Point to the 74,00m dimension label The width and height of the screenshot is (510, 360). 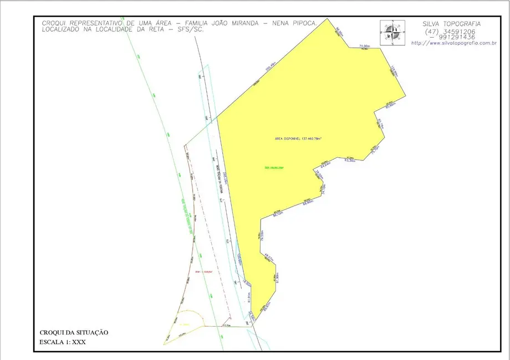pyautogui.click(x=364, y=45)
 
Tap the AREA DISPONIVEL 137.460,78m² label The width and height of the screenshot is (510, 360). pyautogui.click(x=299, y=139)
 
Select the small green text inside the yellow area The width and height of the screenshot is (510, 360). pyautogui.click(x=274, y=167)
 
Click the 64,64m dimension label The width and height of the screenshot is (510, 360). pyautogui.click(x=325, y=164)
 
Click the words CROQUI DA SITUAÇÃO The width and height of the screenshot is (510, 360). pyautogui.click(x=74, y=332)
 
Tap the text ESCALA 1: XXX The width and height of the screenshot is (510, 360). pyautogui.click(x=63, y=342)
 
